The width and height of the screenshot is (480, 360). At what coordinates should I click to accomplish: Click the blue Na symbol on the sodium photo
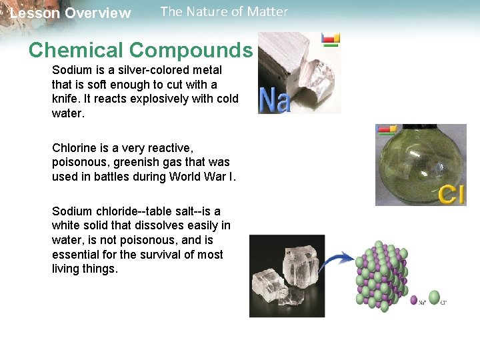point(274,99)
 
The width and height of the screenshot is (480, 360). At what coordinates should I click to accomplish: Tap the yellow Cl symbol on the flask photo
point(451,194)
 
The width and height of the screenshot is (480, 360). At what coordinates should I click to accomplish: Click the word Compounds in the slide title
point(191,50)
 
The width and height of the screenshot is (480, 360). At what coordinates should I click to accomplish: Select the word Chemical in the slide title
point(77,50)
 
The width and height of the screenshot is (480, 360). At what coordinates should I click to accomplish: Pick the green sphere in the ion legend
point(434,298)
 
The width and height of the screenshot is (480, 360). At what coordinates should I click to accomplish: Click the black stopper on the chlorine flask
point(420,127)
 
